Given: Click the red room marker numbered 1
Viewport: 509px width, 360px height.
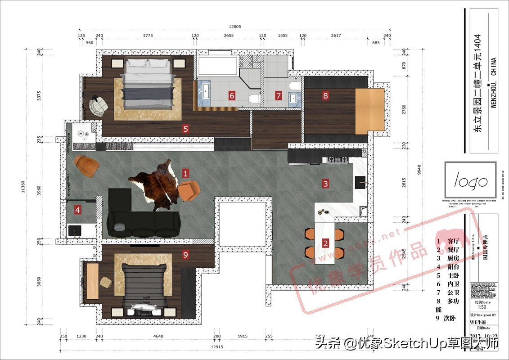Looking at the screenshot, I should [185, 173].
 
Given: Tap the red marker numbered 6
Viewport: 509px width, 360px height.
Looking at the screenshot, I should [232, 95].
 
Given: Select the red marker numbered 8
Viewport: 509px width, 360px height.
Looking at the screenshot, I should [325, 95].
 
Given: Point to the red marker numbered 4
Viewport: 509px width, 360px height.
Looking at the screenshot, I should [78, 209].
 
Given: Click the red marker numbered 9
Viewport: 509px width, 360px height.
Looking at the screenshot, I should [185, 255].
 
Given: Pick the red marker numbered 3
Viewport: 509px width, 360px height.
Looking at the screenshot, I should [325, 183].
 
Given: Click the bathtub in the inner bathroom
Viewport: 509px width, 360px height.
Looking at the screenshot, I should [217, 66].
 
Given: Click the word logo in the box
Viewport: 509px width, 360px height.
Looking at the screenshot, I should [470, 181].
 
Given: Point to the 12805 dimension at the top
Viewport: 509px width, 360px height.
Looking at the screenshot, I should [234, 27].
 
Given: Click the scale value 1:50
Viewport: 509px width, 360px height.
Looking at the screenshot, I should [481, 307].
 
